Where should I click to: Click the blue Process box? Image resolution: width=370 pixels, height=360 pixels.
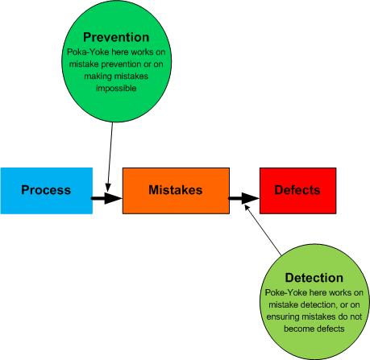pos(47,191)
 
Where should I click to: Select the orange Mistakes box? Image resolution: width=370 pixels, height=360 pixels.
pos(176,191)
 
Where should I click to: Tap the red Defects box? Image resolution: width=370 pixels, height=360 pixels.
pos(297,191)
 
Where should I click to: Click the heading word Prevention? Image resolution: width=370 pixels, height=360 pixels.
pos(116,37)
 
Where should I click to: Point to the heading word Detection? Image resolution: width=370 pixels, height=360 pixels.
pos(314,278)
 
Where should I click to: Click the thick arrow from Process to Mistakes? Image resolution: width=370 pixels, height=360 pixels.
pos(107,198)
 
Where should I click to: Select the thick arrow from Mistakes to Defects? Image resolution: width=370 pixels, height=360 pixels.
pos(244,198)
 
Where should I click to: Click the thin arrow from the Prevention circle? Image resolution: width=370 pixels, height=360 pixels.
pos(110,157)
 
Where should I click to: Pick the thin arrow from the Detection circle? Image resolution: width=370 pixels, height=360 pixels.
pos(263,230)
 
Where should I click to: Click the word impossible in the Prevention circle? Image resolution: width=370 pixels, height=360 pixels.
pos(116,89)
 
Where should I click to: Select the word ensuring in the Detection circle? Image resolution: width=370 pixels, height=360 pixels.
pos(283,317)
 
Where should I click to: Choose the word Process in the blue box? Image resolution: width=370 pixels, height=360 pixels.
pos(46,190)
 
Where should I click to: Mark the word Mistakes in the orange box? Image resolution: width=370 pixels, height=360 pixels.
pos(176,190)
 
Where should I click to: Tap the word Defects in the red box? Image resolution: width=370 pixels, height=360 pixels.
pos(297,190)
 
